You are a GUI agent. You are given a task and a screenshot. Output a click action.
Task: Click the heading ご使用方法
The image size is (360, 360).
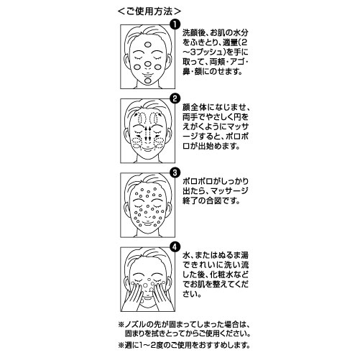[x=149, y=11]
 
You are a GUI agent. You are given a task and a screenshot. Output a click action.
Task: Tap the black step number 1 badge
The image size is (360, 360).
[x=175, y=24]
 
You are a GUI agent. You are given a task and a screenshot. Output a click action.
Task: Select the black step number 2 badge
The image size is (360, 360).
[x=175, y=98]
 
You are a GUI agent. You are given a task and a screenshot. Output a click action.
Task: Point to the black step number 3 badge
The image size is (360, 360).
[x=175, y=172]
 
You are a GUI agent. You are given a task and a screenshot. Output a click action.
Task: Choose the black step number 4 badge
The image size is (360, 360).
[x=175, y=247]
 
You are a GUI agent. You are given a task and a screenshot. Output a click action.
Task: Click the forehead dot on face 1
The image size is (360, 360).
[x=148, y=45]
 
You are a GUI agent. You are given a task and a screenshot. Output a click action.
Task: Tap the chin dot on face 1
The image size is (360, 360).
[x=148, y=80]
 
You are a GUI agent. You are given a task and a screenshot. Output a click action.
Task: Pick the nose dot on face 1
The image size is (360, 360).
[x=148, y=64]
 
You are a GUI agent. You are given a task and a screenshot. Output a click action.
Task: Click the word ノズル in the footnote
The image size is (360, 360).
[x=136, y=325]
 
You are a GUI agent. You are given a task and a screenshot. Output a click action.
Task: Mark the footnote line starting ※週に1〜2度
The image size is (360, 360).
[x=184, y=345]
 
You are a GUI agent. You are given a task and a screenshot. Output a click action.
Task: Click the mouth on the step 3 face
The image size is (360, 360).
[x=148, y=225]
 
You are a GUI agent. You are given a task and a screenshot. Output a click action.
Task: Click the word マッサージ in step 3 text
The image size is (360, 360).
[x=229, y=191]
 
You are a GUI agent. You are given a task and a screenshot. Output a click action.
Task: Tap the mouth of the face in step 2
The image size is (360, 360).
[x=148, y=150]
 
